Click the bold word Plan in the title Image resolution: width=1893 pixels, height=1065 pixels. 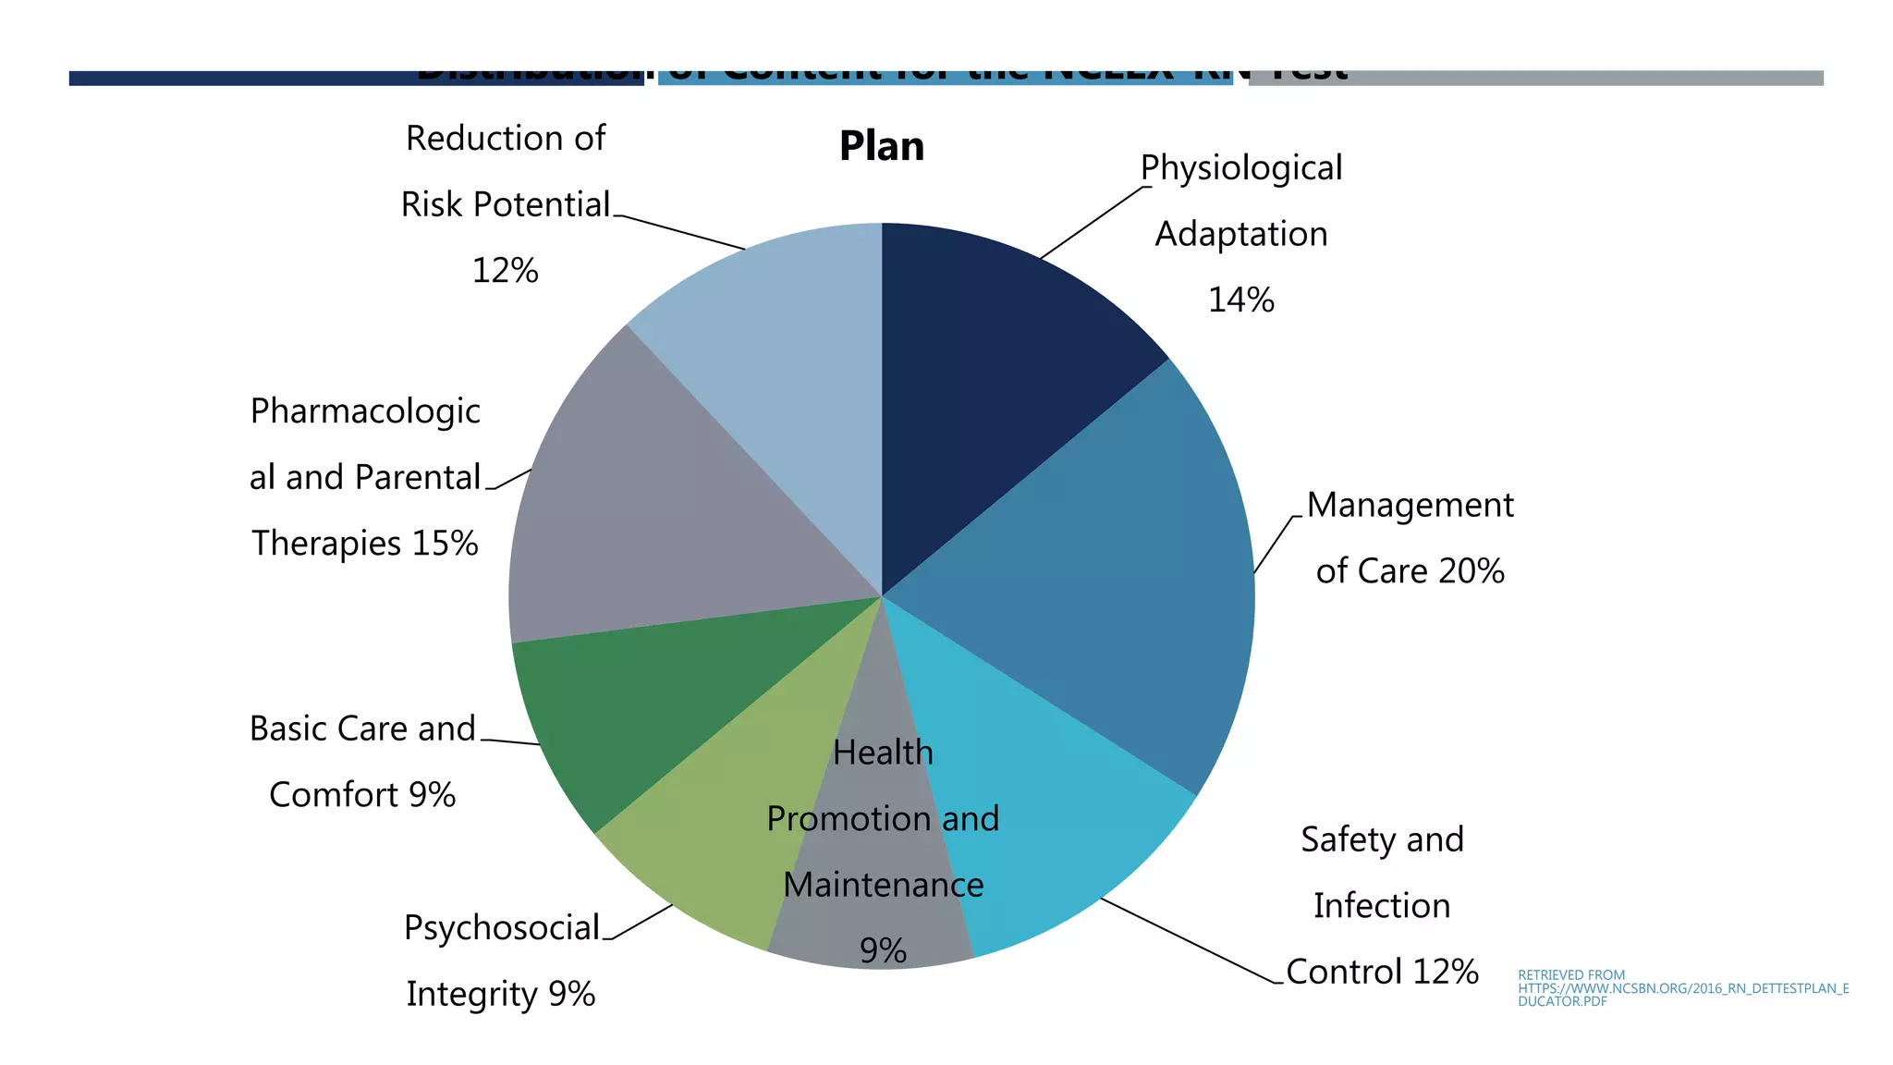coord(881,147)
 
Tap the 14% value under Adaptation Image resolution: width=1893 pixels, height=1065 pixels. coord(1240,300)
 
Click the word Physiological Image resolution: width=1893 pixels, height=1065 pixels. coord(1240,168)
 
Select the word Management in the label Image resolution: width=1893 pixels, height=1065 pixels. coord(1410,506)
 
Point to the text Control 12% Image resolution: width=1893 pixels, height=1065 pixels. coord(1382,973)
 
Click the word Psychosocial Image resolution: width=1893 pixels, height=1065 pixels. coord(502,928)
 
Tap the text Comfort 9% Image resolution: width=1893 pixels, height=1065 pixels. coord(362,795)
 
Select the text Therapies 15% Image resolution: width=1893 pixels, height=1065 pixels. coord(365,544)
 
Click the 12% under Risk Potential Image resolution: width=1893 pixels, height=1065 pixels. coord(505,271)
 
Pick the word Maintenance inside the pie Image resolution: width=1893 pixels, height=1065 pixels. coord(883,886)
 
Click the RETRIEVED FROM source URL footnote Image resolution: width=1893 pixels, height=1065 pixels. coord(1682,988)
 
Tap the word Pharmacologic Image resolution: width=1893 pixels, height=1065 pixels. coord(365,411)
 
